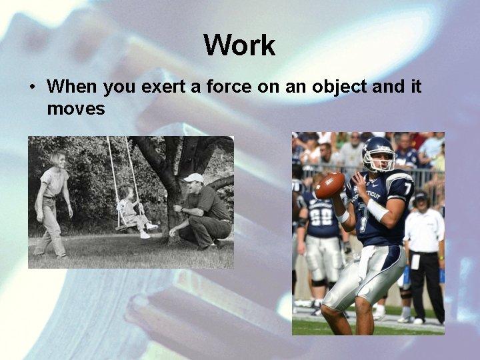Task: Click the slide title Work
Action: coord(239,45)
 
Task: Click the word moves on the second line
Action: coord(76,108)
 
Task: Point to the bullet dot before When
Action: coord(31,87)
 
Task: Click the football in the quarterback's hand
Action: coord(330,185)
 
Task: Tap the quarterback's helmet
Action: coord(378,154)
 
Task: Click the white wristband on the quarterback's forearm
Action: coord(377,210)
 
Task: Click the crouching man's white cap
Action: coord(193,178)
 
